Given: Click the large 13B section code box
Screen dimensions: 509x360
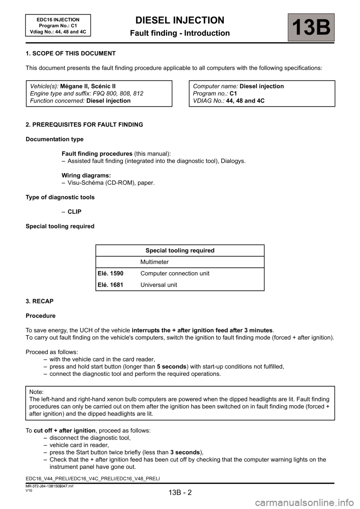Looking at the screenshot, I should tap(311, 27).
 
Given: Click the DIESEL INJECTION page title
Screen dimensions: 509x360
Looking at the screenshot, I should tap(180, 20).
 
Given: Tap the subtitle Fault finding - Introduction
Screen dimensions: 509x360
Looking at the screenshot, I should tap(180, 33).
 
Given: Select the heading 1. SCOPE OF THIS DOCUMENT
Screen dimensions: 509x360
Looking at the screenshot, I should tap(70, 53).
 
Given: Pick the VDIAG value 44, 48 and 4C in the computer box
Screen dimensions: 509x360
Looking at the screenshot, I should tap(245, 100).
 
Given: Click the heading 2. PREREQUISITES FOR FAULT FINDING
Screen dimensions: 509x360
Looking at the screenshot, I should tap(84, 124).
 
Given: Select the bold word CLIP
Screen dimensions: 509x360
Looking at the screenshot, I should tap(74, 212).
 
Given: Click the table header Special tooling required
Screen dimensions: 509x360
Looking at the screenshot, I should tap(180, 250).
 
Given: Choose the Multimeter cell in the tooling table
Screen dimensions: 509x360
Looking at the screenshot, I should tap(154, 262).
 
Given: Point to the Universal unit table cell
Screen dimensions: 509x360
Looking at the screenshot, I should tap(159, 285).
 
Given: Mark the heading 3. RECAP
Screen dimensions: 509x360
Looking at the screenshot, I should tap(39, 301).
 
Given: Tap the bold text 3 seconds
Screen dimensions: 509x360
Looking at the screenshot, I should tap(185, 452).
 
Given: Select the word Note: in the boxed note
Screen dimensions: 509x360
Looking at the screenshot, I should tap(36, 392).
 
